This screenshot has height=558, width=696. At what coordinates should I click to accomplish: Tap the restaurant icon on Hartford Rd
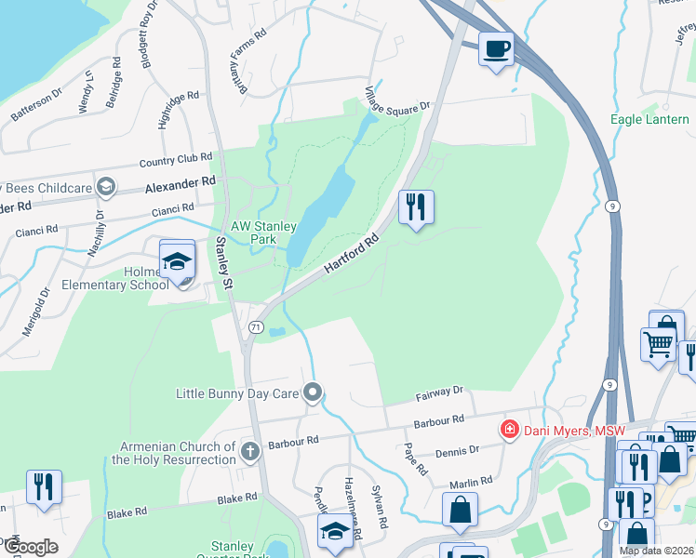(x=416, y=207)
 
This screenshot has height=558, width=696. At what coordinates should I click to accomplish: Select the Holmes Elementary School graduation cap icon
(x=177, y=261)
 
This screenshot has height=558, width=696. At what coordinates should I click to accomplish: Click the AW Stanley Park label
(x=264, y=232)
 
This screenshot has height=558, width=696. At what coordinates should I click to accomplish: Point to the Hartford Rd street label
(x=352, y=254)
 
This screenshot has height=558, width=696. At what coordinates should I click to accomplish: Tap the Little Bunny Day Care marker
(x=314, y=393)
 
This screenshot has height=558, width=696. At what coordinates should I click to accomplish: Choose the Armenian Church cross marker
(x=248, y=452)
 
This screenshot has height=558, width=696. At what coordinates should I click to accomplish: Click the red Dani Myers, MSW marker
(x=508, y=429)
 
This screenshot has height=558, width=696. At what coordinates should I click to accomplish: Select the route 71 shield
(x=254, y=327)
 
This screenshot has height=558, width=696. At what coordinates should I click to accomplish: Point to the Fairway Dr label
(x=438, y=395)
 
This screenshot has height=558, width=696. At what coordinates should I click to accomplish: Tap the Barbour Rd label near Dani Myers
(x=440, y=422)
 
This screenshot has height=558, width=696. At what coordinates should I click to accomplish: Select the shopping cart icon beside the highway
(x=659, y=344)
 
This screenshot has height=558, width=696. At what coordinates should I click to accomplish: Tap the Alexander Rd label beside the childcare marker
(x=180, y=185)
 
